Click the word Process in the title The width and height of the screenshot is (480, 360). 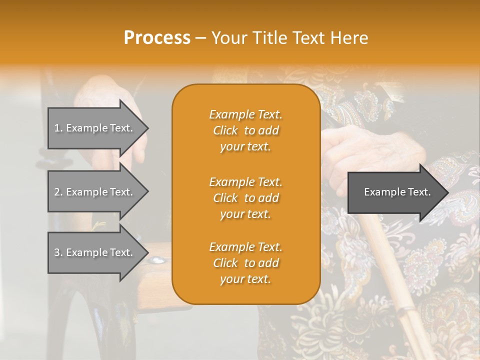[x=157, y=37]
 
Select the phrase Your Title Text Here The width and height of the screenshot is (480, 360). [x=289, y=37]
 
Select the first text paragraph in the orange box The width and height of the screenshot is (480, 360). [x=245, y=130]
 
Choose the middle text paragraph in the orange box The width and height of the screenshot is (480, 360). [x=245, y=198]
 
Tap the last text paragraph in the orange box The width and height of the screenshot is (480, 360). [x=245, y=263]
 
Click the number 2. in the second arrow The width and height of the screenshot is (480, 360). [x=58, y=192]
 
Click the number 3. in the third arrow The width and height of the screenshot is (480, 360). [x=58, y=252]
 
